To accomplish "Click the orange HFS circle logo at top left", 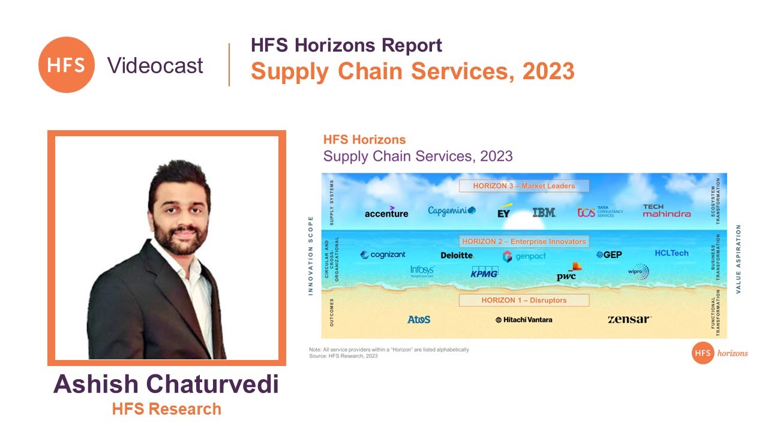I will pyautogui.click(x=66, y=65).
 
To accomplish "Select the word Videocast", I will pyautogui.click(x=155, y=65).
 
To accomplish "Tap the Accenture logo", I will pyautogui.click(x=386, y=212).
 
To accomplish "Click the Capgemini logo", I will pyautogui.click(x=451, y=211).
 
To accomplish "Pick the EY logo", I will pyautogui.click(x=504, y=212).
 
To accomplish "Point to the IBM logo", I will pyautogui.click(x=544, y=212).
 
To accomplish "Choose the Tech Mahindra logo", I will pyautogui.click(x=667, y=211).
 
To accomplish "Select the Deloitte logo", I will pyautogui.click(x=457, y=255).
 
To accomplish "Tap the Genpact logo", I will pyautogui.click(x=524, y=256).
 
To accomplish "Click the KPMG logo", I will pyautogui.click(x=484, y=273).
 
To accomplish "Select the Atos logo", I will pyautogui.click(x=419, y=320).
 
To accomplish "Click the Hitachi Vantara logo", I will pyautogui.click(x=524, y=320).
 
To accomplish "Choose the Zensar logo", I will pyautogui.click(x=629, y=319).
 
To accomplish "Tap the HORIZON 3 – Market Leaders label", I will pyautogui.click(x=524, y=186).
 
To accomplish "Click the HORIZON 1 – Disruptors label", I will pyautogui.click(x=524, y=300).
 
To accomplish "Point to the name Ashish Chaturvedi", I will pyautogui.click(x=166, y=385).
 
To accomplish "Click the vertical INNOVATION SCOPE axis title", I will pyautogui.click(x=311, y=255).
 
